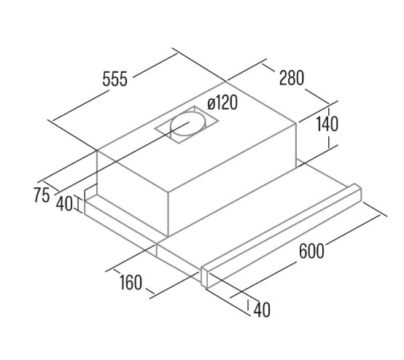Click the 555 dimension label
(x=114, y=79)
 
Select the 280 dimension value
(x=292, y=77)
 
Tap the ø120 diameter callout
(x=222, y=103)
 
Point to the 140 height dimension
(x=327, y=124)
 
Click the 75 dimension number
(x=42, y=195)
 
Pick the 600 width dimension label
(x=311, y=251)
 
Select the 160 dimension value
(x=131, y=283)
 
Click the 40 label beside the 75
(x=64, y=203)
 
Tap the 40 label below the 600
(x=262, y=310)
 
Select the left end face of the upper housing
(x=133, y=192)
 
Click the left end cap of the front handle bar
(x=205, y=278)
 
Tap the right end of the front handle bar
(x=358, y=193)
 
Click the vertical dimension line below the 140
(x=329, y=141)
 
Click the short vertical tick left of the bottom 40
(x=248, y=305)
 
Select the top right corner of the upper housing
(x=297, y=124)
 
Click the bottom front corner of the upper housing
(x=168, y=236)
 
